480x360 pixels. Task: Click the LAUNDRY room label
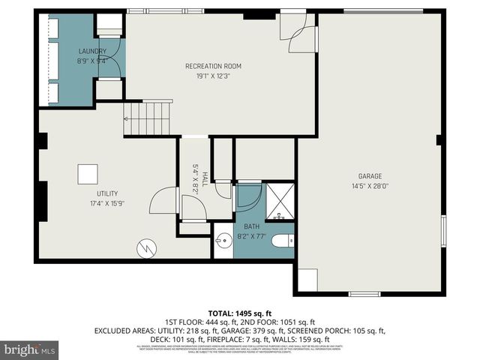click(91, 52)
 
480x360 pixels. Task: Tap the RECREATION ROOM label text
click(213, 66)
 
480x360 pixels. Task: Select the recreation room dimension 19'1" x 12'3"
click(213, 76)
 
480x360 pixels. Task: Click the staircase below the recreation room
click(148, 118)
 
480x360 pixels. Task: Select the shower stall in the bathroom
click(280, 201)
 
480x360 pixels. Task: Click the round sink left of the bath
click(223, 242)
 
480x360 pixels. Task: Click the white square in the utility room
click(88, 173)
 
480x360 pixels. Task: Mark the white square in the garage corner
click(307, 280)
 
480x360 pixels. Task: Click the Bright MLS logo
click(30, 349)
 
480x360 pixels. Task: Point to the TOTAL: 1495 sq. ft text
click(239, 313)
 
